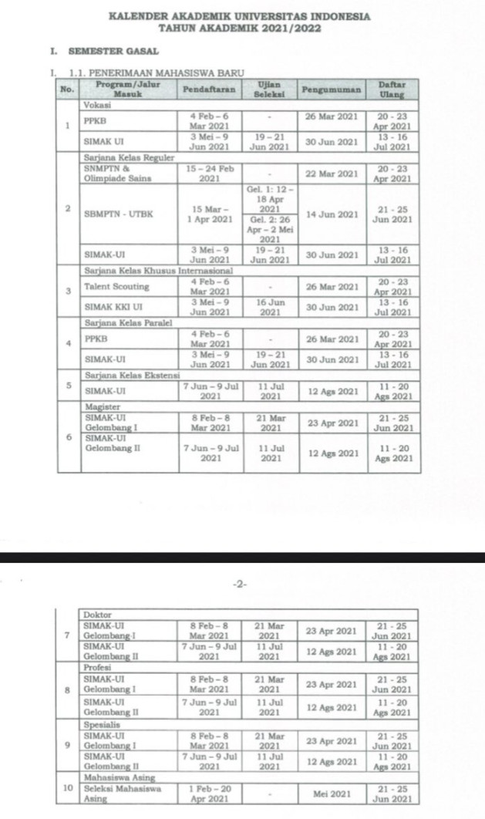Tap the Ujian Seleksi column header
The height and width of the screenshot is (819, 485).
tap(269, 89)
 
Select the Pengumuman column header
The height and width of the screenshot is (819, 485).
tap(331, 89)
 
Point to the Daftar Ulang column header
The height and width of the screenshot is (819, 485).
tap(392, 89)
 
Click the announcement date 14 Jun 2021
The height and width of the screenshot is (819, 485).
tap(331, 214)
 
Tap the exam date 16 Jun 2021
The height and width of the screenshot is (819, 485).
tap(269, 306)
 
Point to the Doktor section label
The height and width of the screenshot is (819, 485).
tap(98, 614)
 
